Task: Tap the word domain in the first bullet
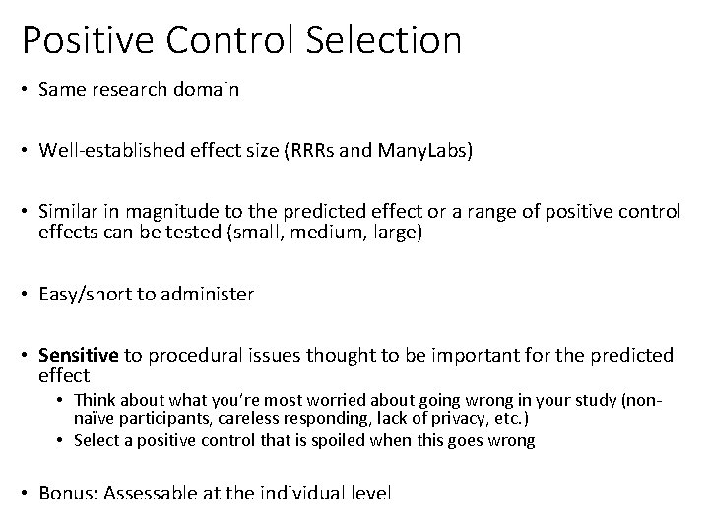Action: (204, 90)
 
